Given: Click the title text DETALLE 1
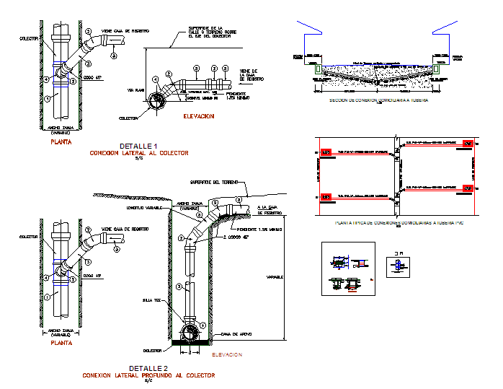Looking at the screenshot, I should [138, 147].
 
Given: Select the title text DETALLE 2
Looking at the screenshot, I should [138, 369].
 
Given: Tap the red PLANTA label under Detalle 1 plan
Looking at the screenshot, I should [61, 142].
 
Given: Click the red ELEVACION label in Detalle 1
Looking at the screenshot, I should [199, 115].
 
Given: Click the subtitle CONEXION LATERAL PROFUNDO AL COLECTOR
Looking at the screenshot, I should [148, 376].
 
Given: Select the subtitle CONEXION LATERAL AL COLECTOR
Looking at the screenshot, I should [138, 154].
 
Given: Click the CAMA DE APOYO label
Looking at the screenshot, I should [236, 334].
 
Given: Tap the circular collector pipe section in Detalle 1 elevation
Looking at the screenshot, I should [155, 105].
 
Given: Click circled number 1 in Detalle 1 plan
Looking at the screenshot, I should [46, 96].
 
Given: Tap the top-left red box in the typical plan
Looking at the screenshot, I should [325, 153].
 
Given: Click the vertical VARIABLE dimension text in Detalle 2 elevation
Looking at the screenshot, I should [273, 276].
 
